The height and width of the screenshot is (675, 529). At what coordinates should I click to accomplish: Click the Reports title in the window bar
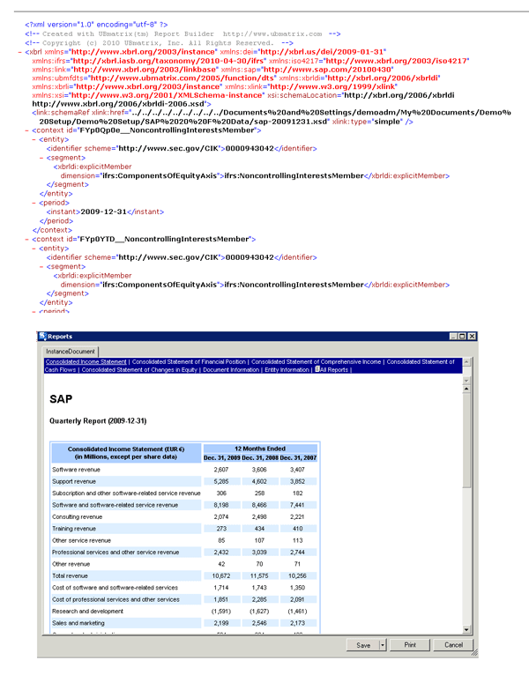(60, 337)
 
